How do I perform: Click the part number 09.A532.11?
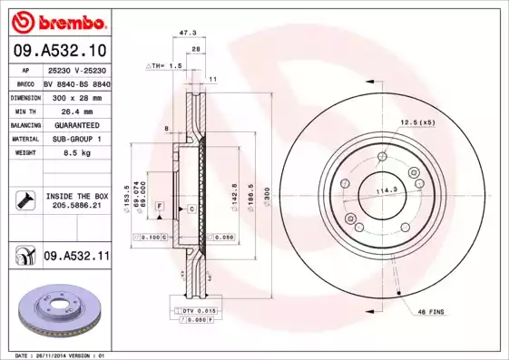point(76,258)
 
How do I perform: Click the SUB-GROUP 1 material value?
point(77,139)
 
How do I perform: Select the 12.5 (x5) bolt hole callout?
point(418,122)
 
